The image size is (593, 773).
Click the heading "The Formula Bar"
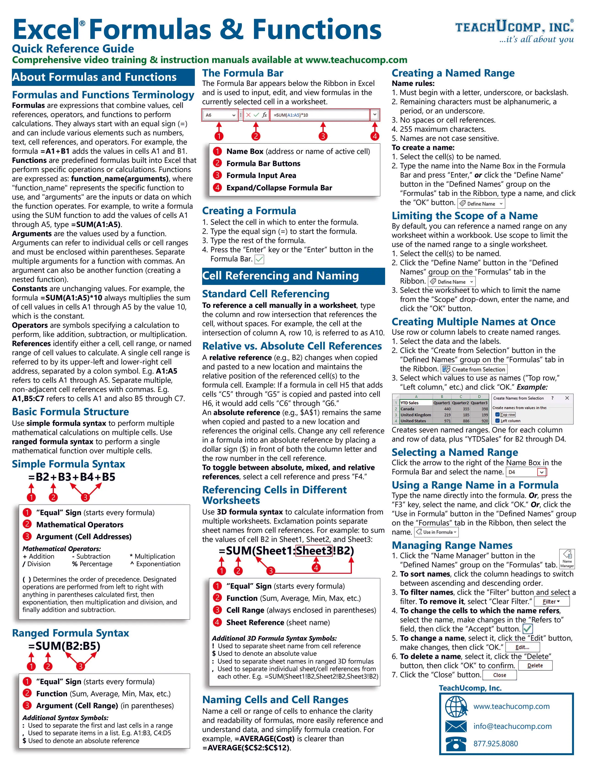tap(243, 73)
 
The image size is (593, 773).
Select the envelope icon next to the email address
tap(456, 726)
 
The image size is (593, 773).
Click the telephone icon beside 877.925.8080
tap(456, 744)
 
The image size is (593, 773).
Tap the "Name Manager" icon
tap(567, 559)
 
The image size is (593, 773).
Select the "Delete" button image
tap(535, 665)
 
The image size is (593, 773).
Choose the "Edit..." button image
tap(522, 647)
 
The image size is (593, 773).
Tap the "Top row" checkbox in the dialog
tap(497, 415)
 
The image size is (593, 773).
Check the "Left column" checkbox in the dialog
tap(497, 421)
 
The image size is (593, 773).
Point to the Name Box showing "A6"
tap(220, 115)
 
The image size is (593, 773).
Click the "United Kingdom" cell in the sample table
tap(415, 415)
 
